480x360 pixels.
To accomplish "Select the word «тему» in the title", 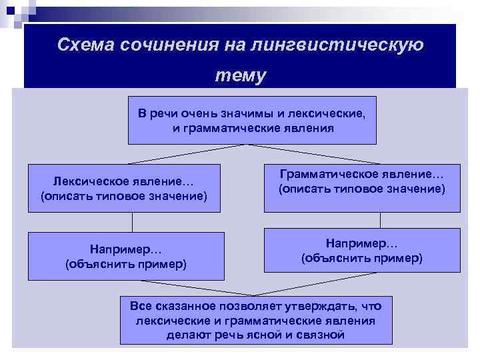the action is [x=240, y=75].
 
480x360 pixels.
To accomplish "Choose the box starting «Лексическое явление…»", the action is [x=124, y=188].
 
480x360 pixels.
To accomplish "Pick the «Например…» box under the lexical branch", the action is [x=126, y=255].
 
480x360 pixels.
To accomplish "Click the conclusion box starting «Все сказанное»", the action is [x=255, y=320].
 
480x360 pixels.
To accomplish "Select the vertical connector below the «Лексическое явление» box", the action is [x=132, y=222].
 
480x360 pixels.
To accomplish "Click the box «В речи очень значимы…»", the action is [x=252, y=120].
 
